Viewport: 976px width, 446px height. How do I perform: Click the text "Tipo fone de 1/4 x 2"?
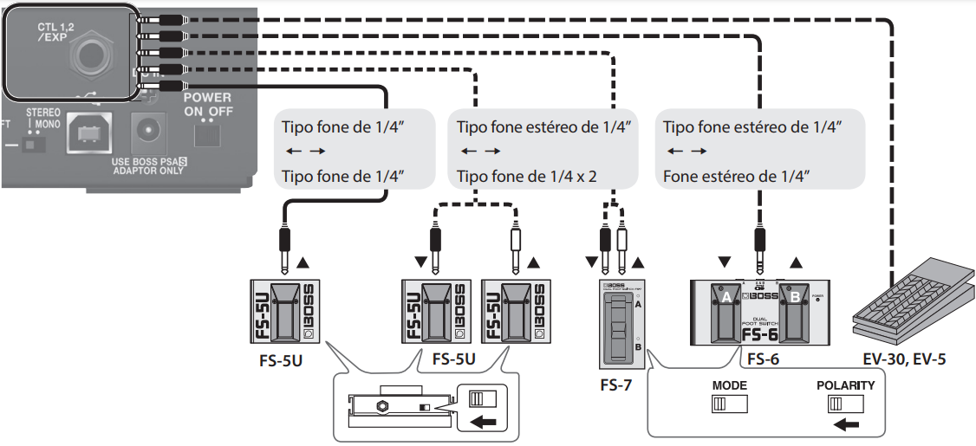528,177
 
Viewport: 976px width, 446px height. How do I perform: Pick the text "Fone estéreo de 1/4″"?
738,177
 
